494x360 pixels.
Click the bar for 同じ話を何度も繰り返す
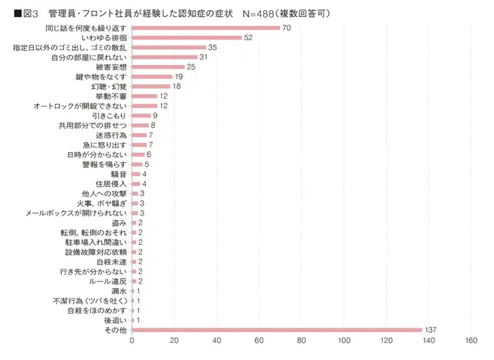206,28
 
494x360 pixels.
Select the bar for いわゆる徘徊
187,38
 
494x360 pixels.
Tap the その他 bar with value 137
277,330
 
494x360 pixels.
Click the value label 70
286,28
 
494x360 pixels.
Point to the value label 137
431,330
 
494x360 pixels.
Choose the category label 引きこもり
110,116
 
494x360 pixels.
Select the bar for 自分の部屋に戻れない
164,57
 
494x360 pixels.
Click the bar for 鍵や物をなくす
152,76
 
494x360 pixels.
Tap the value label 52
248,38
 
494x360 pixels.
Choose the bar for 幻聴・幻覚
151,87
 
